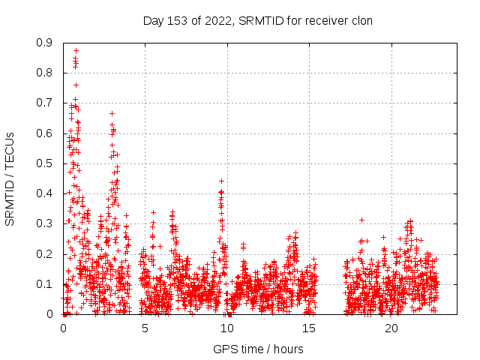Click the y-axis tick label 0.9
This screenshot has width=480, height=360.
tap(44, 43)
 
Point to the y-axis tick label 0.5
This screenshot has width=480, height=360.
tap(44, 163)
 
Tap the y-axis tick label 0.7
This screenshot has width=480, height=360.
tap(44, 103)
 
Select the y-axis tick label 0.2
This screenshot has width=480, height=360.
tap(44, 254)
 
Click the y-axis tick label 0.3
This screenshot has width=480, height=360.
tap(44, 224)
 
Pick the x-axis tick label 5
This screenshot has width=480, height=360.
tap(145, 328)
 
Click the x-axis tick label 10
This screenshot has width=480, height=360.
tap(227, 328)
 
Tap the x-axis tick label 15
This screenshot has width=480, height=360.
tap(310, 328)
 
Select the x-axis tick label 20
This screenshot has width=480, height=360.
tap(391, 328)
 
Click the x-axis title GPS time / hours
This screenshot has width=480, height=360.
tap(258, 349)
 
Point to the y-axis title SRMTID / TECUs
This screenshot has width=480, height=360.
tap(10, 179)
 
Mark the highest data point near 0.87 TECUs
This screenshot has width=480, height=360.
tap(76, 51)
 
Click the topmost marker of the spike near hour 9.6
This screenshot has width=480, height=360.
tap(221, 181)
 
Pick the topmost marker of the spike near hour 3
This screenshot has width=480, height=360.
tap(112, 114)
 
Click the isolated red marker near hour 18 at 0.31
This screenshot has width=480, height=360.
tap(361, 220)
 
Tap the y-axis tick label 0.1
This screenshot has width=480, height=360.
tap(44, 284)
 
